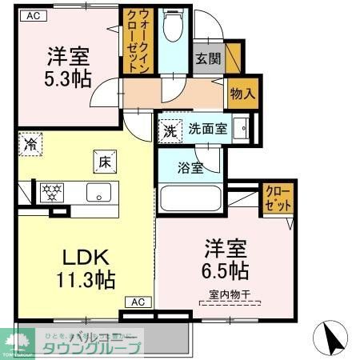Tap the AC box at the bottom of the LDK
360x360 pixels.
[x=138, y=302]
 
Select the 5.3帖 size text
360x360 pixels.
[x=67, y=78]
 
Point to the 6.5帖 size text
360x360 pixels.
[x=225, y=269]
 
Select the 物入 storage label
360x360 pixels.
[x=243, y=93]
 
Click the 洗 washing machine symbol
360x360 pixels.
[x=170, y=128]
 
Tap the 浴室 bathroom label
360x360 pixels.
[x=190, y=169]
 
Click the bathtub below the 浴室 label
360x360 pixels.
[x=194, y=198]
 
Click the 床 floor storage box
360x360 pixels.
[x=105, y=162]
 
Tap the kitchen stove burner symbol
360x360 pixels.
[x=53, y=192]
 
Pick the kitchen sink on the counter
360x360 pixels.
[x=99, y=192]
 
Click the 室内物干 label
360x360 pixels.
[x=230, y=294]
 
